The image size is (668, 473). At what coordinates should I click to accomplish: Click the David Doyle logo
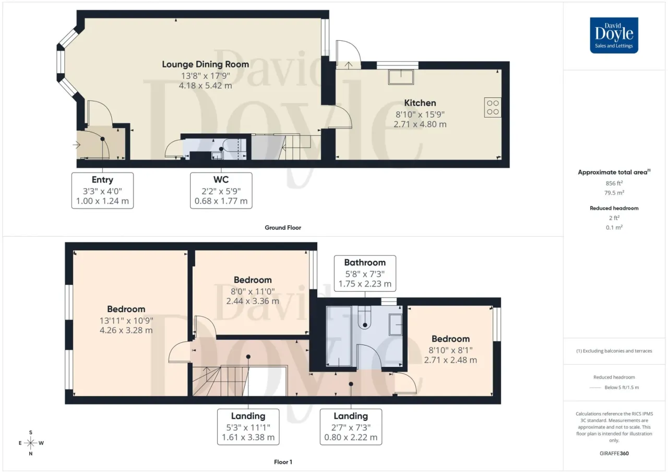coord(614,35)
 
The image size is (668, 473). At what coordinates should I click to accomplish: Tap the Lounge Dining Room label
coord(206,64)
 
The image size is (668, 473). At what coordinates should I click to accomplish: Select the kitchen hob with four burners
coord(493,107)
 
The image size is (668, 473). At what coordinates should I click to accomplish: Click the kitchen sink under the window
coord(401,77)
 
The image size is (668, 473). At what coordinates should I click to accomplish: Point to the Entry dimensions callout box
coord(102,191)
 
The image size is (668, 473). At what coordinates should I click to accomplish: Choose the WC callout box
coord(221,191)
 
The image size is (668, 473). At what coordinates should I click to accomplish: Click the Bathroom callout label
coord(365,273)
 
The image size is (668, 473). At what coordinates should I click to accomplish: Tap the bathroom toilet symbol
coord(364,317)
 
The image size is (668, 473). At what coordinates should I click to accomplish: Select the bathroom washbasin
coord(396,325)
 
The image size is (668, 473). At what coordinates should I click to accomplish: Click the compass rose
coord(31,443)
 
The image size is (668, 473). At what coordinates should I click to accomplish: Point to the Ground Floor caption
coord(283,227)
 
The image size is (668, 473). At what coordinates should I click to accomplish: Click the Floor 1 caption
coord(283,462)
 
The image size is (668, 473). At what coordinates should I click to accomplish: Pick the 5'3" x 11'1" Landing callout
coord(248,426)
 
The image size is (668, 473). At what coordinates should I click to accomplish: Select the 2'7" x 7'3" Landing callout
coord(351,426)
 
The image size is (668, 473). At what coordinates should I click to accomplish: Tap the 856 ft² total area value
coord(614,183)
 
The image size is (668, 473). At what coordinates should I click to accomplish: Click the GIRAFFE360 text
coord(614,453)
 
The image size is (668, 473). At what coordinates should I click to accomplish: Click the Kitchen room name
coord(420,103)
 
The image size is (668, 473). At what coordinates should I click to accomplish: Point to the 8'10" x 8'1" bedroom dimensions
coord(450,355)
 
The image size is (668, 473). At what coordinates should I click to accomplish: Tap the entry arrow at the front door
coord(77,145)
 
